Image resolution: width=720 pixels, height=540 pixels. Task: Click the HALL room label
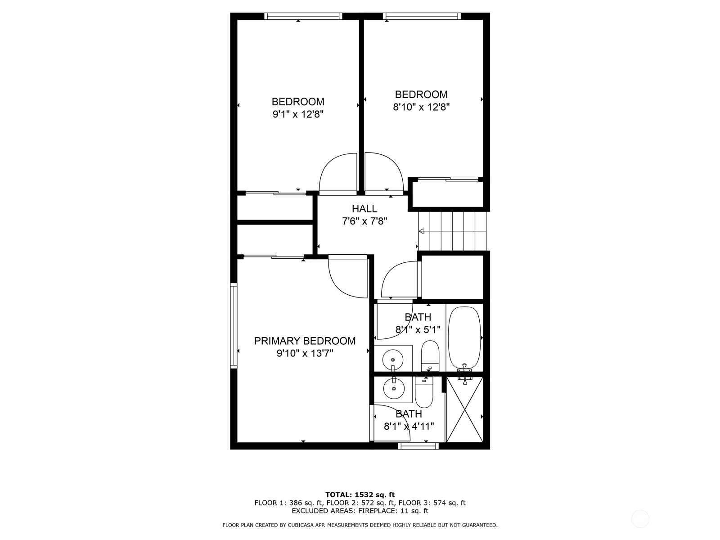point(364,208)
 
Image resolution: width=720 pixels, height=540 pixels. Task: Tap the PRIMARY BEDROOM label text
point(305,341)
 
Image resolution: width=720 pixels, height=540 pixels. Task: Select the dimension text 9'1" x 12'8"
point(298,114)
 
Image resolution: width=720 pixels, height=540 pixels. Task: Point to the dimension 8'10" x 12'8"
point(421,107)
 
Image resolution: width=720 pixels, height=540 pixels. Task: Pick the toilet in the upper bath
point(430,356)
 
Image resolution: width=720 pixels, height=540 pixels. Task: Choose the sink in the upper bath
point(393,360)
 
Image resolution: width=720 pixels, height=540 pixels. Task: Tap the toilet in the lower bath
point(424,392)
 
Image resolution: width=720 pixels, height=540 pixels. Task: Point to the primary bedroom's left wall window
point(234,325)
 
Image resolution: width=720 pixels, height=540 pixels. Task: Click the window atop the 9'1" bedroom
point(303,16)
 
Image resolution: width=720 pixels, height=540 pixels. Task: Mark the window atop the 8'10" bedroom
point(422,16)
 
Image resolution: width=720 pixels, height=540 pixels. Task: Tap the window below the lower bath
point(418,445)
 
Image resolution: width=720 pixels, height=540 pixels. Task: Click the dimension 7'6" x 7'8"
point(364,221)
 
